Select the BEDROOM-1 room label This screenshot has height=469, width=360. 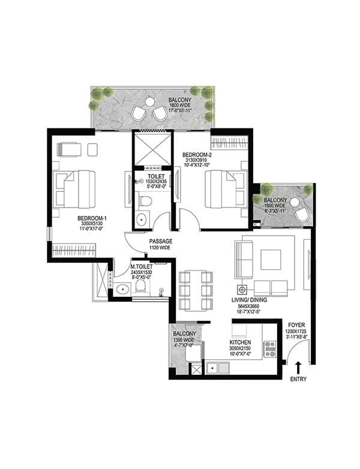[92, 218]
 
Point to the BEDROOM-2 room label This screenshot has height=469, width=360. [197, 154]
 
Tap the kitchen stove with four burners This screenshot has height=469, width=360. [270, 348]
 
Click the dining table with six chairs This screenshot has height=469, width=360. [196, 291]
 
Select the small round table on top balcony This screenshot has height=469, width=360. [150, 103]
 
